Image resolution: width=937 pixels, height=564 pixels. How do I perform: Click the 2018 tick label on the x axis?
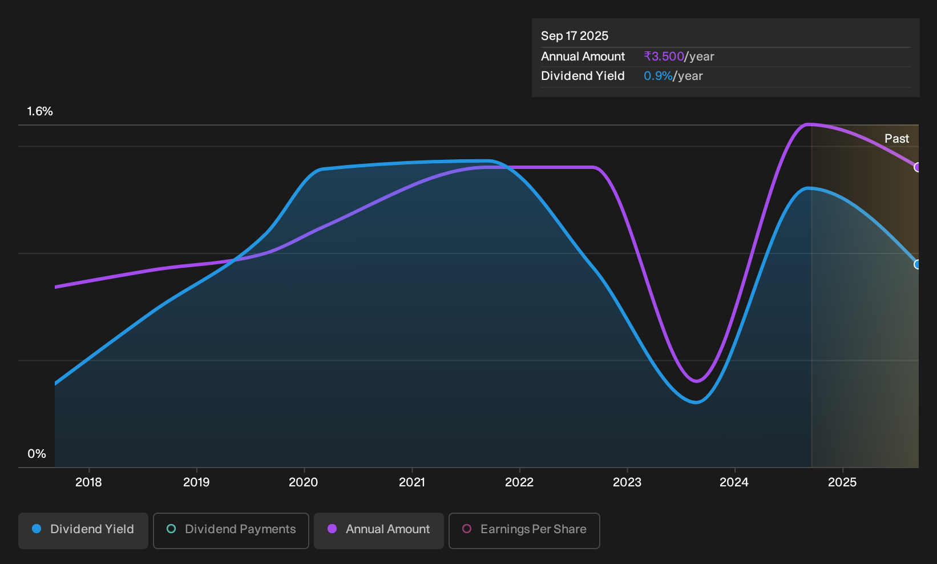pyautogui.click(x=88, y=482)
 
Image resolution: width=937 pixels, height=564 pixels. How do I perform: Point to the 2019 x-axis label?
pyautogui.click(x=196, y=482)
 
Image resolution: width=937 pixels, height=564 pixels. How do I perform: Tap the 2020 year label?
pyautogui.click(x=304, y=482)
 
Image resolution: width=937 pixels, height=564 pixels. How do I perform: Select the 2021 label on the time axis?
pyautogui.click(x=412, y=482)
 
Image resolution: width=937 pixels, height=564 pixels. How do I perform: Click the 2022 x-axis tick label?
pyautogui.click(x=519, y=482)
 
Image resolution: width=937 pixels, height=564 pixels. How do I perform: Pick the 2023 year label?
pyautogui.click(x=627, y=482)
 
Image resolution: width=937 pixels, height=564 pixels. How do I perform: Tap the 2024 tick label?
pyautogui.click(x=734, y=482)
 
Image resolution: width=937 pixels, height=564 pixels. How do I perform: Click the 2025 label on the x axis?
pyautogui.click(x=842, y=482)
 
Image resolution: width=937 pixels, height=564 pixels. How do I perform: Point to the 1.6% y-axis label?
pyautogui.click(x=40, y=111)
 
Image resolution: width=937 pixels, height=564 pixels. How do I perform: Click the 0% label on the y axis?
pyautogui.click(x=37, y=454)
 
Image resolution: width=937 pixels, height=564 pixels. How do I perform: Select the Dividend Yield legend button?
pyautogui.click(x=83, y=530)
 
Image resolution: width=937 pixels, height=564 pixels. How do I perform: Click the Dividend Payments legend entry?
pyautogui.click(x=231, y=530)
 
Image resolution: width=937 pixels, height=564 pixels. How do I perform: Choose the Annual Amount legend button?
pyautogui.click(x=378, y=530)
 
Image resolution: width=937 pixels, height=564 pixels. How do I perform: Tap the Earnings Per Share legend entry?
pyautogui.click(x=524, y=530)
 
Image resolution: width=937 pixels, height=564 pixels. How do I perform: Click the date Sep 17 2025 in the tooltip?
pyautogui.click(x=575, y=36)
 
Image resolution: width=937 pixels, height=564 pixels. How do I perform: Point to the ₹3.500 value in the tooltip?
pyautogui.click(x=664, y=57)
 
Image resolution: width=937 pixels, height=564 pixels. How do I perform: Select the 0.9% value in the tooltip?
pyautogui.click(x=658, y=76)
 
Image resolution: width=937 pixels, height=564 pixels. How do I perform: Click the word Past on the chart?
pyautogui.click(x=897, y=139)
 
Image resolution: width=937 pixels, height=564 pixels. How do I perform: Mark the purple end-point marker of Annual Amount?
pyautogui.click(x=917, y=167)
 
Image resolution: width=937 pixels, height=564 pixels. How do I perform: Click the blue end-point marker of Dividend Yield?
pyautogui.click(x=917, y=264)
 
